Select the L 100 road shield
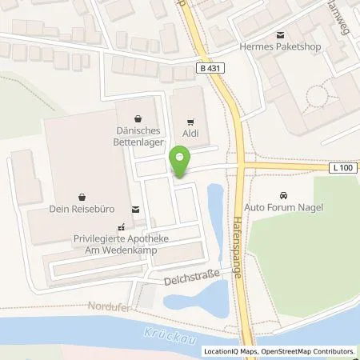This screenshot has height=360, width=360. click(x=342, y=166)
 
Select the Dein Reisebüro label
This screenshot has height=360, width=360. click(x=82, y=206)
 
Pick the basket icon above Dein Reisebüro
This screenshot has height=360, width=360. click(x=82, y=194)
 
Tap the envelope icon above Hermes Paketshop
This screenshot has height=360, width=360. click(x=281, y=34)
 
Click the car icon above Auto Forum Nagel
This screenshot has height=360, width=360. click(x=282, y=195)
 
